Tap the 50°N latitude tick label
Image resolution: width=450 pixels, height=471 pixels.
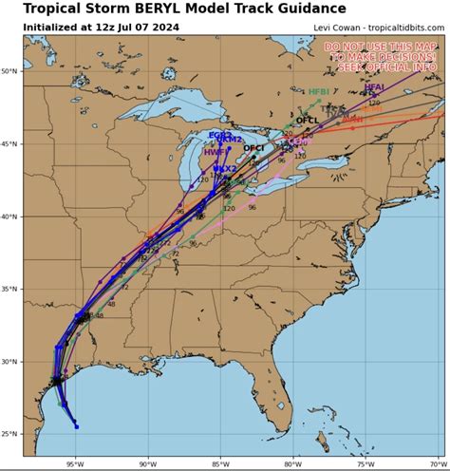(x=10, y=71)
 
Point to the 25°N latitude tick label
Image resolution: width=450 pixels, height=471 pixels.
(x=10, y=434)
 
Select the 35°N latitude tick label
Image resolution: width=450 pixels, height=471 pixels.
(x=10, y=289)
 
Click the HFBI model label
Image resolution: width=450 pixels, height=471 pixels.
(x=319, y=92)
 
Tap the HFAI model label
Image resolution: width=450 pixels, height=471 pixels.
(x=374, y=87)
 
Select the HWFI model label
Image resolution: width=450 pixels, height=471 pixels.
(x=215, y=152)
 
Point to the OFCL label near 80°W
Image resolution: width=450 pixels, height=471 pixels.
(x=307, y=121)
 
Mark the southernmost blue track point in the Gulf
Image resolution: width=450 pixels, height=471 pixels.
(x=76, y=426)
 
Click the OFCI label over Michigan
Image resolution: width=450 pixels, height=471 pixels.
(x=253, y=148)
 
